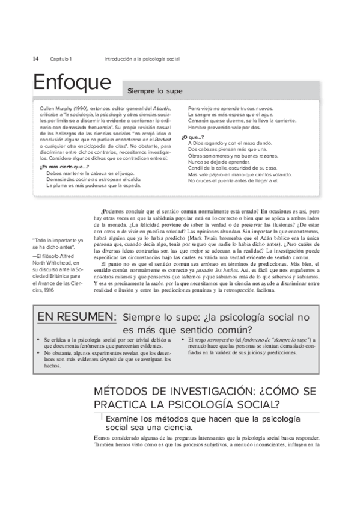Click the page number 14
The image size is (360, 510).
click(35, 58)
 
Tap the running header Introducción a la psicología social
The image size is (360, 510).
click(142, 58)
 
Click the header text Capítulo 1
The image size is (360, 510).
click(61, 58)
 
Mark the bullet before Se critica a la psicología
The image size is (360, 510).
click(38, 340)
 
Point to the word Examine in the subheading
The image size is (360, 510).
click(124, 418)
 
